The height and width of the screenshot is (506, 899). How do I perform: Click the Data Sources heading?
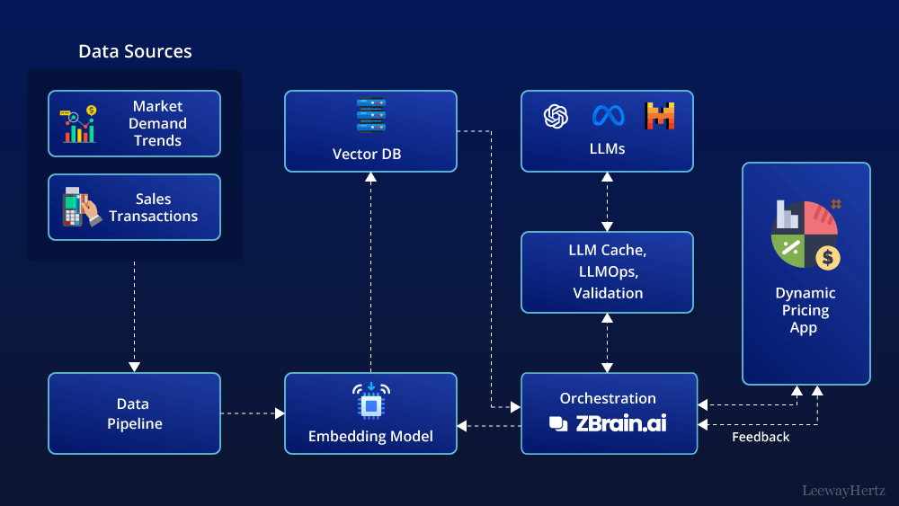pyautogui.click(x=136, y=51)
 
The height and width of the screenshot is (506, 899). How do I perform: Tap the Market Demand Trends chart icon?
pyautogui.click(x=78, y=124)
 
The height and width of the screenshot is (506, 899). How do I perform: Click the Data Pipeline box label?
pyautogui.click(x=134, y=413)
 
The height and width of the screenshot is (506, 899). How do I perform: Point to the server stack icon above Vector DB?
pyautogui.click(x=371, y=116)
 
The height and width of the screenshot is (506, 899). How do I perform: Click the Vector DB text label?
pyautogui.click(x=367, y=155)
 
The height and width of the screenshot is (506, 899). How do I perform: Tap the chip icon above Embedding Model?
pyautogui.click(x=371, y=401)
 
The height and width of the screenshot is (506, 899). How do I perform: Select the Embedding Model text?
pyautogui.click(x=370, y=436)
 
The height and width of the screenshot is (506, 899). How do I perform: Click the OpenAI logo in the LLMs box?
pyautogui.click(x=556, y=116)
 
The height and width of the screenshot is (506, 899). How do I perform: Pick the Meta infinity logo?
pyautogui.click(x=609, y=116)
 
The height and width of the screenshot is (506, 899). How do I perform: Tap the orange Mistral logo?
pyautogui.click(x=659, y=116)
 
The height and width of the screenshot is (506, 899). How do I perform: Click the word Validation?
pyautogui.click(x=608, y=293)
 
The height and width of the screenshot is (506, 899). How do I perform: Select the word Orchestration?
pyautogui.click(x=608, y=398)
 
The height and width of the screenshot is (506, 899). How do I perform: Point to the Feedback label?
pyautogui.click(x=761, y=437)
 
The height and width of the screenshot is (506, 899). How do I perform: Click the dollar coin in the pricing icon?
pyautogui.click(x=827, y=258)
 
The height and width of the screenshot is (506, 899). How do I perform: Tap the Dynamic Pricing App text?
pyautogui.click(x=805, y=310)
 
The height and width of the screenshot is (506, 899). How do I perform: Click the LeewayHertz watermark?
pyautogui.click(x=843, y=491)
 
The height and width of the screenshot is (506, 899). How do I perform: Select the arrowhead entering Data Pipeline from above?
pyautogui.click(x=134, y=367)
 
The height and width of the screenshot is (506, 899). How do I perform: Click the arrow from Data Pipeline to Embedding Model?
pyautogui.click(x=253, y=413)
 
